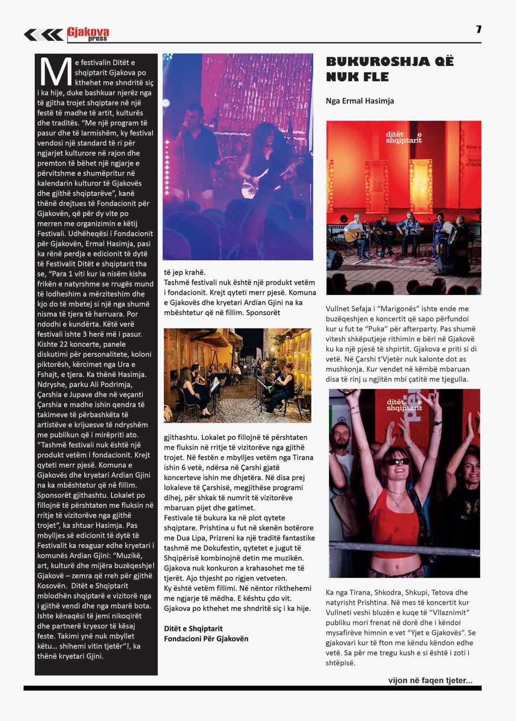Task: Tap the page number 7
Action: click(x=479, y=30)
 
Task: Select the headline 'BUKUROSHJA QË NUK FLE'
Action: click(x=389, y=69)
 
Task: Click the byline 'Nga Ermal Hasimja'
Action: click(x=359, y=101)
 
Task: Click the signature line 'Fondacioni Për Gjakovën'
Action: click(x=206, y=638)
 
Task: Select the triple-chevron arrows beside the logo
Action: click(x=43, y=34)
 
